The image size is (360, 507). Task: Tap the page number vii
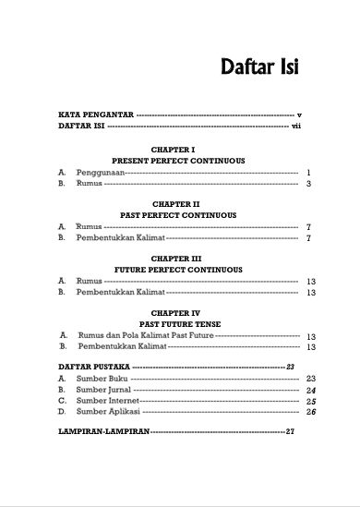tap(296, 127)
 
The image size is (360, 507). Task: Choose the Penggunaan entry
tap(98, 173)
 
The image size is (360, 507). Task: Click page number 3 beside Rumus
tap(308, 185)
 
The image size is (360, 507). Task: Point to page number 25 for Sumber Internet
tap(310, 402)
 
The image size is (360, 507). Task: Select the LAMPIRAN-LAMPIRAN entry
tap(102, 431)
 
